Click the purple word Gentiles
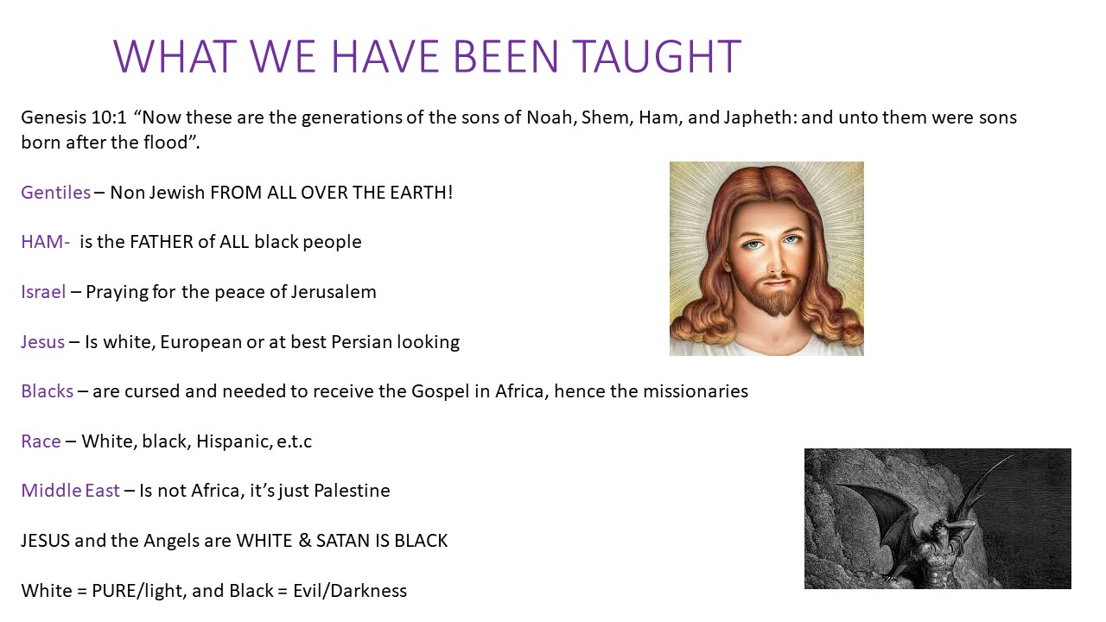point(56,192)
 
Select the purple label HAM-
point(46,242)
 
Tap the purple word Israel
point(43,292)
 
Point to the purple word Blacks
point(47,391)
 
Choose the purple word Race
point(41,441)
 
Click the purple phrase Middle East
point(70,490)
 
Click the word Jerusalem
point(334,292)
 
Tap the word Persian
point(361,341)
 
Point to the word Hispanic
point(234,441)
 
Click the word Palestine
point(352,490)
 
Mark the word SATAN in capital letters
point(343,541)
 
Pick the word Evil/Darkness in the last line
point(350,590)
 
